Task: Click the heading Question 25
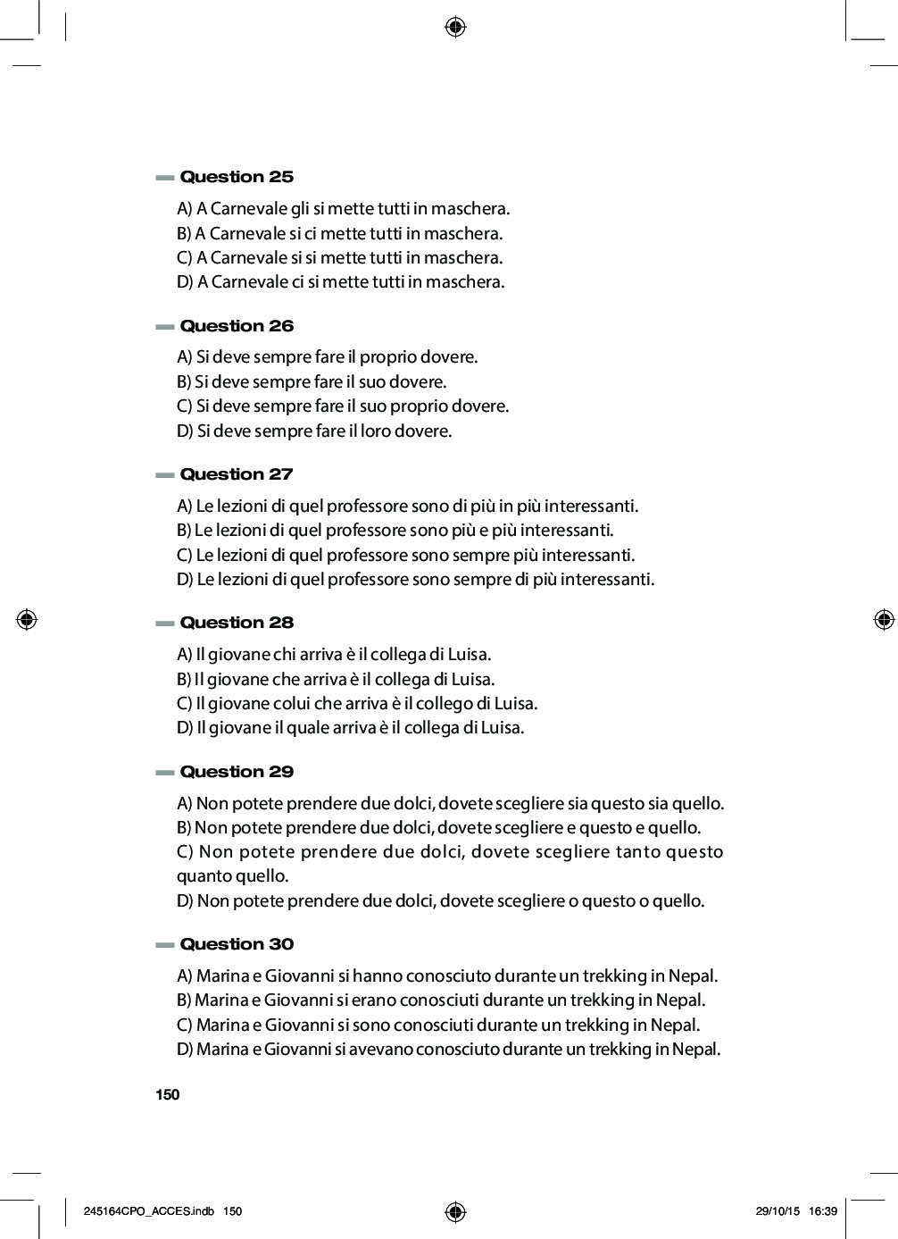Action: tap(237, 177)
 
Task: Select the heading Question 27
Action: tap(237, 474)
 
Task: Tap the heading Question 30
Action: tap(237, 944)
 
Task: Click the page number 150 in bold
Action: tap(167, 1095)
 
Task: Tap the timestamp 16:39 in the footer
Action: tap(822, 1211)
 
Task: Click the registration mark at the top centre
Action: tap(455, 28)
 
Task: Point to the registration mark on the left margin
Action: tap(27, 619)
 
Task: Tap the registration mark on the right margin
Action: tap(884, 619)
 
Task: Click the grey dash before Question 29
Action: tap(164, 773)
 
